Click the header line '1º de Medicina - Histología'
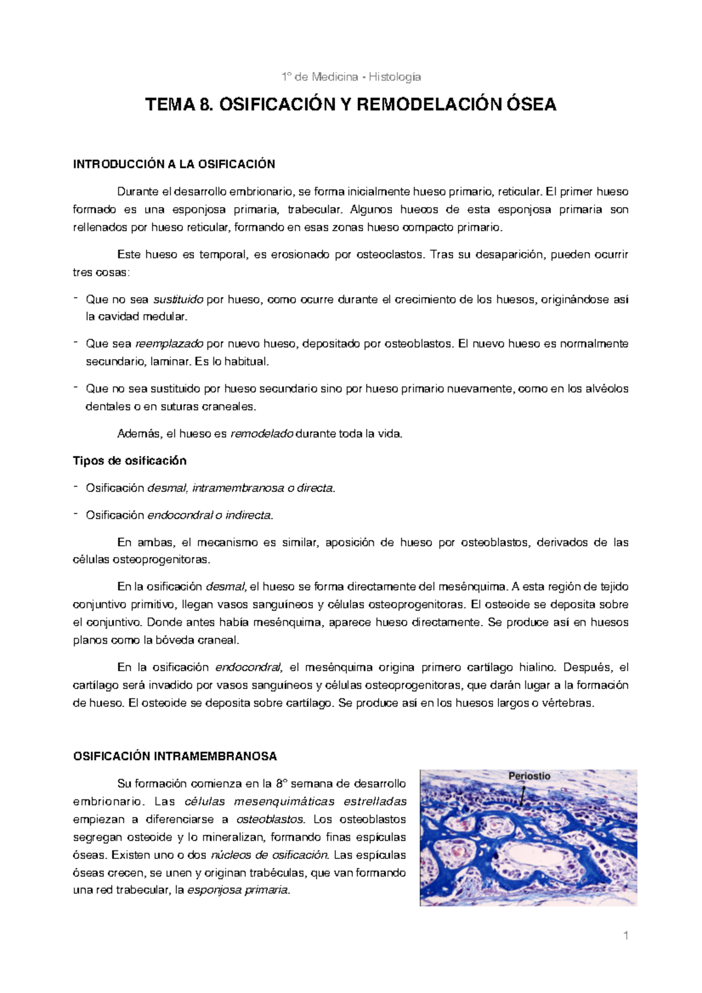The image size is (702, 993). click(x=351, y=77)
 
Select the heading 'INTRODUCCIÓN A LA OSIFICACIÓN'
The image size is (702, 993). click(x=174, y=164)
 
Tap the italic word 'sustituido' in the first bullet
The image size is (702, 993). click(x=178, y=299)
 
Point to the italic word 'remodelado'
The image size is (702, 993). click(x=262, y=434)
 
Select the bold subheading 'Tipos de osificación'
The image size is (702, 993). click(x=129, y=461)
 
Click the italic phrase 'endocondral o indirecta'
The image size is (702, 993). click(x=209, y=515)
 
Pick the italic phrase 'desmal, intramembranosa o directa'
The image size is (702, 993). click(x=240, y=488)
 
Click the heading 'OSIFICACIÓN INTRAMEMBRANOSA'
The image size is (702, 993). click(x=175, y=756)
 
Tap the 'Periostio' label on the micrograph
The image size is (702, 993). click(x=529, y=776)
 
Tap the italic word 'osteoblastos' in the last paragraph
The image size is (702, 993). click(x=270, y=819)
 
